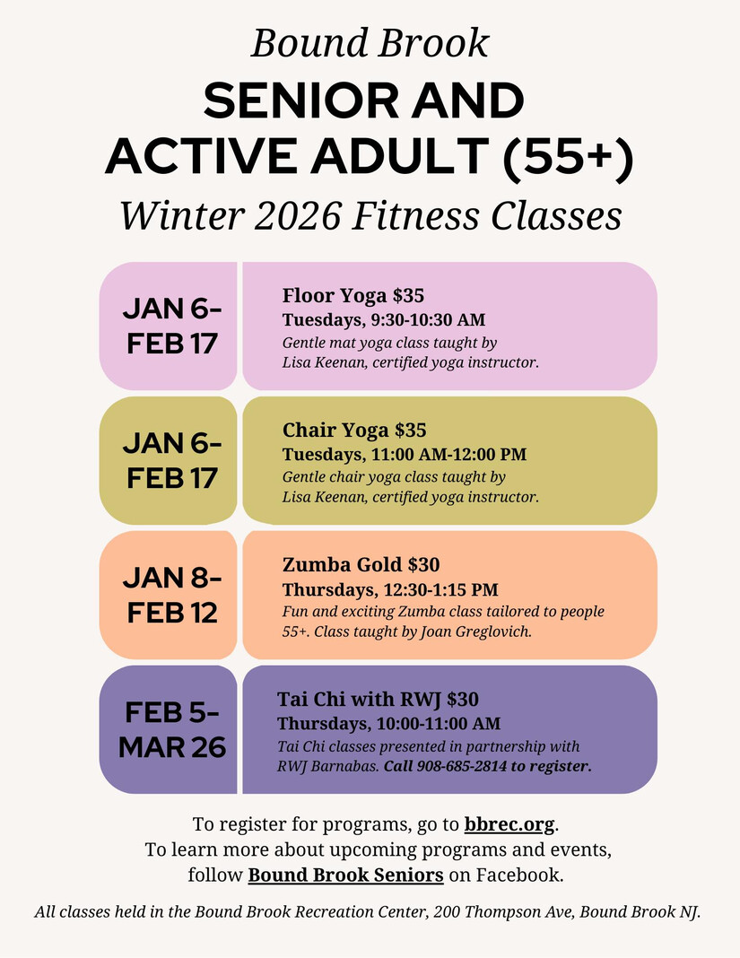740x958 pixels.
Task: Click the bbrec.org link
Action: (x=509, y=824)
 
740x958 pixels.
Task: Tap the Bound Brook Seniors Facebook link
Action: (x=346, y=875)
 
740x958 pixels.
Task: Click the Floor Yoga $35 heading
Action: (x=353, y=296)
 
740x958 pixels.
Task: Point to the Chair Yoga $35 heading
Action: (x=354, y=431)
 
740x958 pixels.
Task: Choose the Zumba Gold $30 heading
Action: (x=361, y=564)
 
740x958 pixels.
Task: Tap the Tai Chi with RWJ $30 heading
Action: (x=379, y=699)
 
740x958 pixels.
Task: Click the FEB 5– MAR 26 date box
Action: (x=168, y=729)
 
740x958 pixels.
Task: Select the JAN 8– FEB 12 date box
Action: (x=168, y=595)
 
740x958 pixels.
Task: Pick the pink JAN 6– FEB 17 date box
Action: (x=168, y=327)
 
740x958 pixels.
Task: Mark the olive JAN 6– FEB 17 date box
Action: (x=168, y=461)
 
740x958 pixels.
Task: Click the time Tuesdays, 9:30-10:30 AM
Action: (x=384, y=320)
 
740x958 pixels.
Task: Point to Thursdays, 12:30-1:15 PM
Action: (x=390, y=589)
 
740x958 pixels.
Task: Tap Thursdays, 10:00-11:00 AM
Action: (x=389, y=724)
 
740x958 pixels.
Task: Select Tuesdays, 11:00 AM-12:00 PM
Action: (x=405, y=455)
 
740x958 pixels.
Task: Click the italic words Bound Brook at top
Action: (x=370, y=43)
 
